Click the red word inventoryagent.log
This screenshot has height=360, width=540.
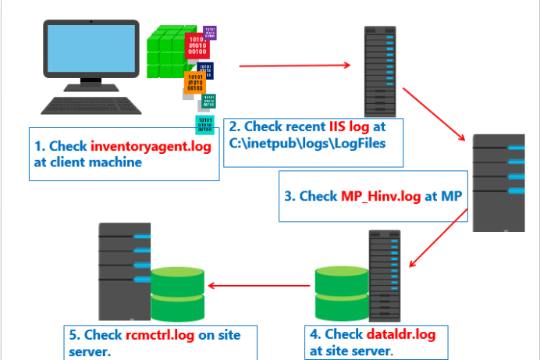[151, 146]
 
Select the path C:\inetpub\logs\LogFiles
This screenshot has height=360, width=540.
[307, 144]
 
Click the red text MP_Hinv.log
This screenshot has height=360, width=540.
[382, 195]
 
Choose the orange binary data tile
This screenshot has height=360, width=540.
[197, 84]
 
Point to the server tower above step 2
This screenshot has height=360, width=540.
[379, 70]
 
